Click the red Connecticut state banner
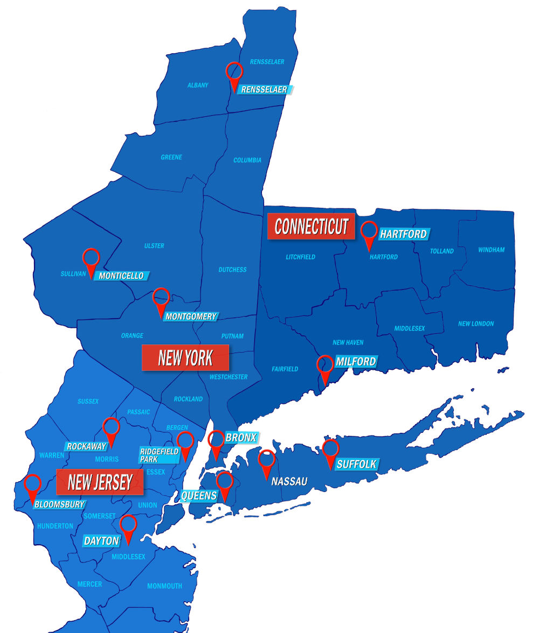[x=311, y=227]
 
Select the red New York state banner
[x=185, y=357]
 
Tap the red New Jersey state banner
[x=100, y=482]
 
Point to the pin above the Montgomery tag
[x=161, y=299]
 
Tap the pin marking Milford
[x=325, y=367]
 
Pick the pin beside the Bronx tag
[x=216, y=442]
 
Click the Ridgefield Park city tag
[x=158, y=455]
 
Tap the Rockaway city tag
[x=87, y=446]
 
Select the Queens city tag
[x=199, y=495]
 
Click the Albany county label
[x=198, y=85]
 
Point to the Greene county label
[x=171, y=157]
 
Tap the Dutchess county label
[x=232, y=269]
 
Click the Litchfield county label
[x=300, y=257]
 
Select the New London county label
[x=475, y=323]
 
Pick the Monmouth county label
[x=164, y=586]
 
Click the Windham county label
[x=491, y=250]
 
